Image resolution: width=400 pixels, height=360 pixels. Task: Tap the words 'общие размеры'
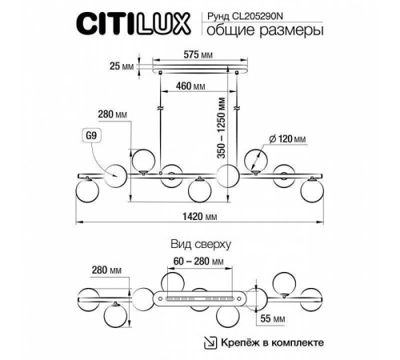[x=260, y=31]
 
